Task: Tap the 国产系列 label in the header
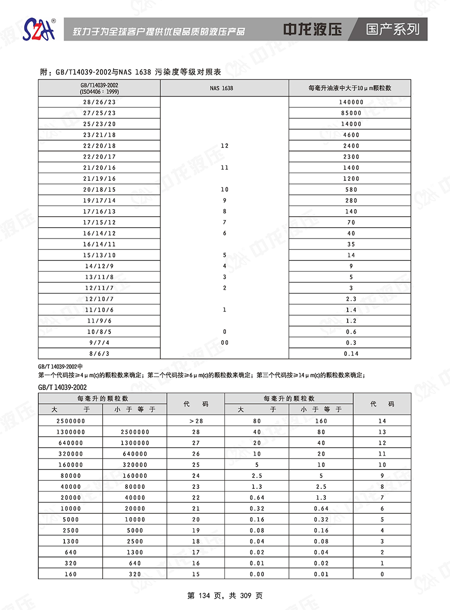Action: pyautogui.click(x=393, y=29)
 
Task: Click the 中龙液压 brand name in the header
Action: pyautogui.click(x=313, y=29)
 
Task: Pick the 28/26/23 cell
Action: pyautogui.click(x=99, y=102)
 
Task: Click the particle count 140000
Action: pyautogui.click(x=351, y=102)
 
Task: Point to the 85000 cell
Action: pyautogui.click(x=351, y=113)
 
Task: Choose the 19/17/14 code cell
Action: pyautogui.click(x=99, y=201)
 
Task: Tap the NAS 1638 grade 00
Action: pyautogui.click(x=225, y=343)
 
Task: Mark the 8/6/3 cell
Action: pyautogui.click(x=99, y=354)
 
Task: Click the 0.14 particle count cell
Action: pyautogui.click(x=351, y=354)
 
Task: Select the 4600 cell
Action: pyautogui.click(x=351, y=135)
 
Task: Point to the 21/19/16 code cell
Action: pyautogui.click(x=99, y=179)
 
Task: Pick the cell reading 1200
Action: pyautogui.click(x=351, y=179)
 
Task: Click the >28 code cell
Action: pyautogui.click(x=196, y=421)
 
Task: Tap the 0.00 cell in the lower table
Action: pyautogui.click(x=257, y=575)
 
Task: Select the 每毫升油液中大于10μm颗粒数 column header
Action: pyautogui.click(x=350, y=88)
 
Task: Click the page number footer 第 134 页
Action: pyautogui.click(x=225, y=596)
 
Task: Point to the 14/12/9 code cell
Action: pyautogui.click(x=99, y=266)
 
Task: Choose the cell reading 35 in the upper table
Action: pyautogui.click(x=351, y=244)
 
